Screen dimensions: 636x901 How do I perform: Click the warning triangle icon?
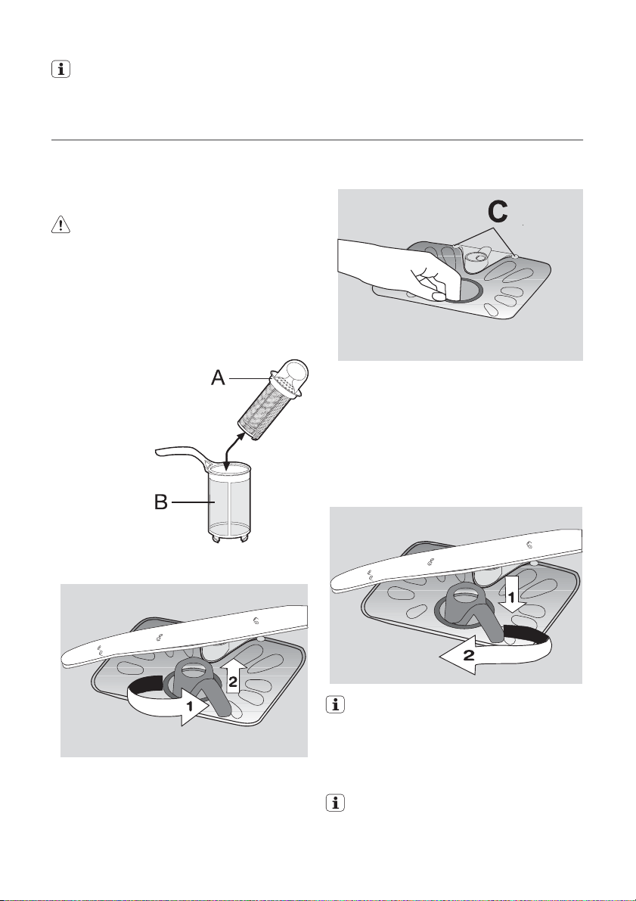click(x=57, y=225)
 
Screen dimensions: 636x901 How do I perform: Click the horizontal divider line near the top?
click(x=318, y=140)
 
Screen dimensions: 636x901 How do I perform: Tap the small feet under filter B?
click(x=226, y=539)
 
